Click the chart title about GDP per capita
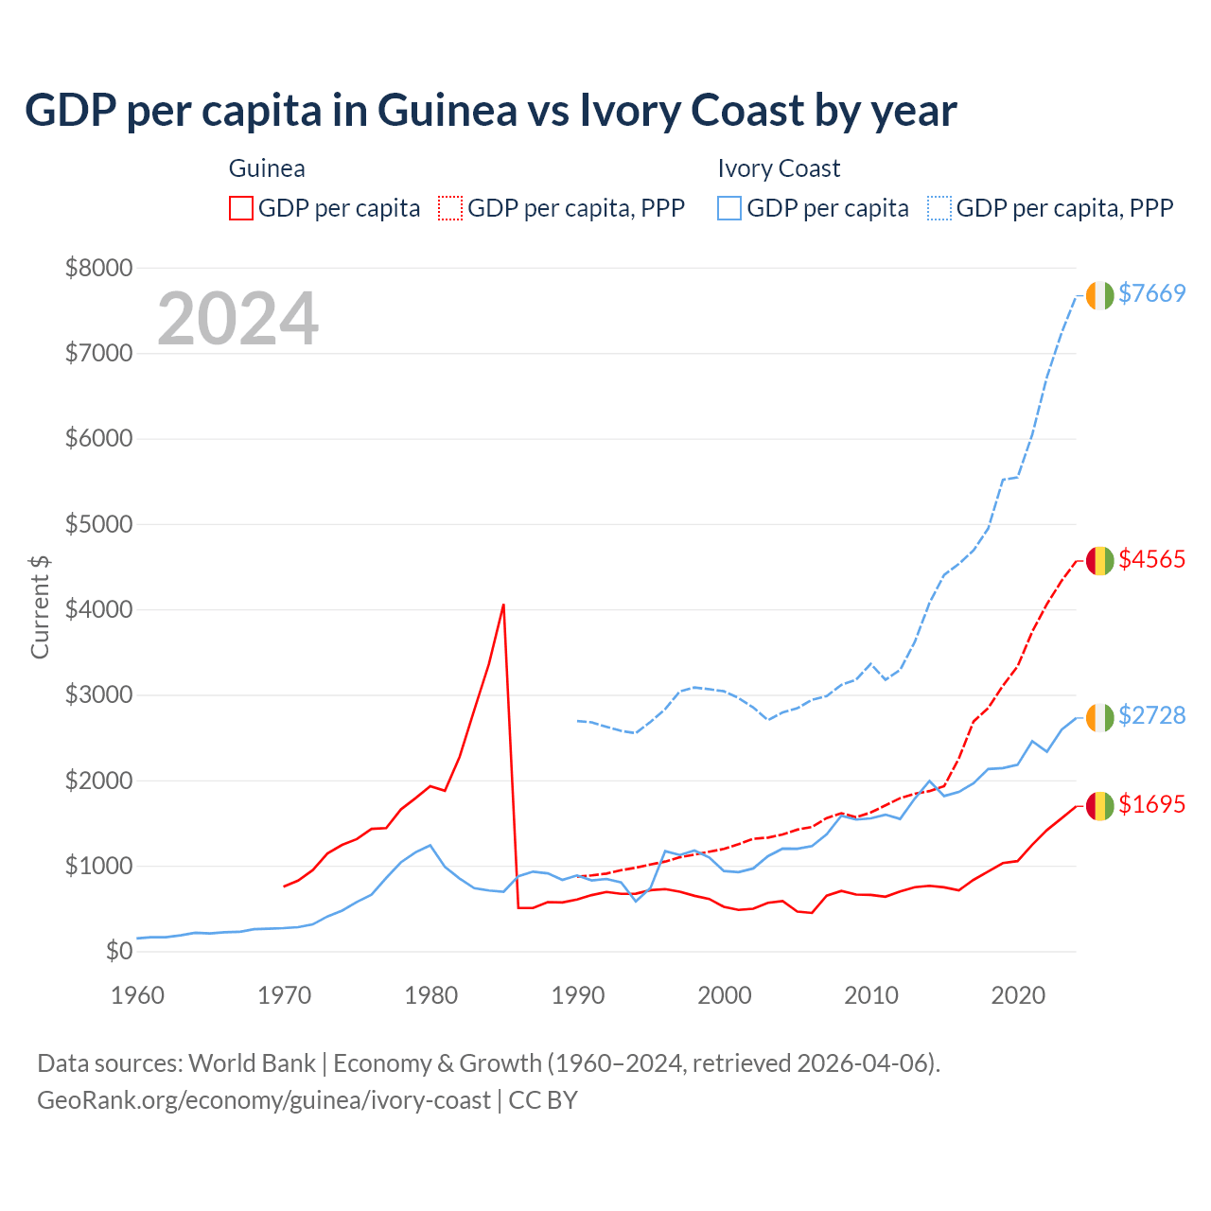click(x=490, y=111)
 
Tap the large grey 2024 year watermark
click(x=237, y=319)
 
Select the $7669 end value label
click(x=1151, y=293)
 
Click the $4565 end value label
click(x=1151, y=559)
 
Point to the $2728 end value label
click(x=1151, y=715)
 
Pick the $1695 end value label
click(x=1151, y=804)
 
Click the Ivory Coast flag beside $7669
click(x=1099, y=295)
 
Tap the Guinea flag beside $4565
click(x=1099, y=561)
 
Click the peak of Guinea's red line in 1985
click(x=503, y=605)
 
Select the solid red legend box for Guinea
click(x=241, y=208)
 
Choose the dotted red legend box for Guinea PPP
click(x=451, y=208)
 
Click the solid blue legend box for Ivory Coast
click(x=729, y=208)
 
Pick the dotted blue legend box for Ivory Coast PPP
click(x=939, y=208)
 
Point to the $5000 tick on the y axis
click(x=98, y=524)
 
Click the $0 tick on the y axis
click(x=117, y=951)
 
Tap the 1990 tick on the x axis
click(x=577, y=995)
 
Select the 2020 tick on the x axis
click(x=1017, y=995)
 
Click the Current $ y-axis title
click(x=40, y=606)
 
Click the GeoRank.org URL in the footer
click(x=264, y=1100)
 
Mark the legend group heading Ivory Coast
click(x=779, y=168)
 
